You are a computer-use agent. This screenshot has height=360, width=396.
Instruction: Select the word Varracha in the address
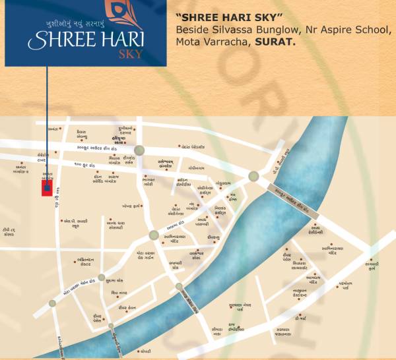click(227, 42)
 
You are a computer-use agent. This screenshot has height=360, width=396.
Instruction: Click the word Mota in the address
click(189, 42)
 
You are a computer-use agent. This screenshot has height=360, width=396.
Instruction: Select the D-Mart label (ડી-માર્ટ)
click(301, 316)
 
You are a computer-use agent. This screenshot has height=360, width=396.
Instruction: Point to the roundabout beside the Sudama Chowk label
click(101, 278)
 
